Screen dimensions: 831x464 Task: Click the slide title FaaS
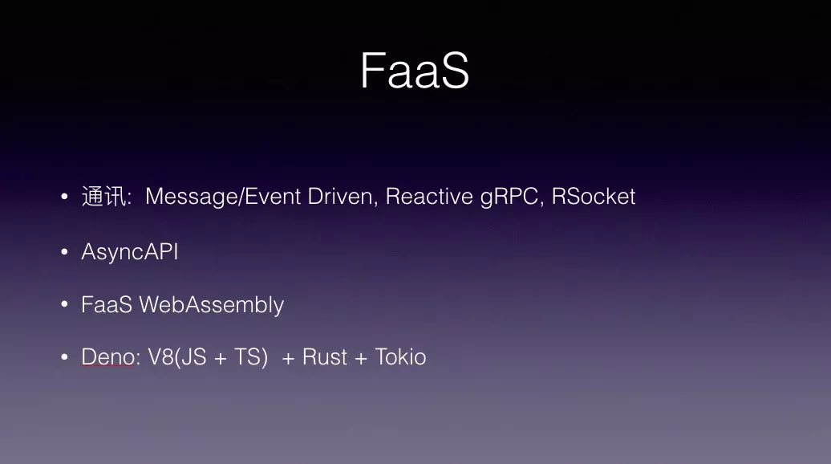click(x=415, y=71)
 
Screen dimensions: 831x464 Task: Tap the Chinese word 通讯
click(x=104, y=197)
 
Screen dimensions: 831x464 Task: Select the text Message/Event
click(x=223, y=197)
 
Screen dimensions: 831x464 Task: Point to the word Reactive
click(x=429, y=197)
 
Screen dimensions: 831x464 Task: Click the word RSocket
click(x=593, y=197)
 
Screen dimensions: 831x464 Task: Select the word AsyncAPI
click(x=130, y=252)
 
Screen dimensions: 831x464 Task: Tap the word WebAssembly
click(x=212, y=305)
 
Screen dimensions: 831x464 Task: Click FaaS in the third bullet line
click(x=107, y=305)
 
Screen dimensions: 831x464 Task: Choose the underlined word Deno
click(x=108, y=357)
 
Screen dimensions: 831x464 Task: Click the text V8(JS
click(x=177, y=357)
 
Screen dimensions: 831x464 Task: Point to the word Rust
click(x=325, y=357)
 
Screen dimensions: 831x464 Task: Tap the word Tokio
click(x=401, y=357)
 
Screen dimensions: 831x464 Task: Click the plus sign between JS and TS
click(x=221, y=359)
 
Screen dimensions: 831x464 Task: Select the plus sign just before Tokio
click(x=361, y=359)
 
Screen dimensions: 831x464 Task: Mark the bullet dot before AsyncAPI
click(x=65, y=251)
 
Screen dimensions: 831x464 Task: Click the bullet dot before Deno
click(x=65, y=357)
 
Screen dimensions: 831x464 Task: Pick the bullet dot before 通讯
click(x=65, y=197)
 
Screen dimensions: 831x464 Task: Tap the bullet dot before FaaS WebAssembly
click(x=65, y=304)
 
